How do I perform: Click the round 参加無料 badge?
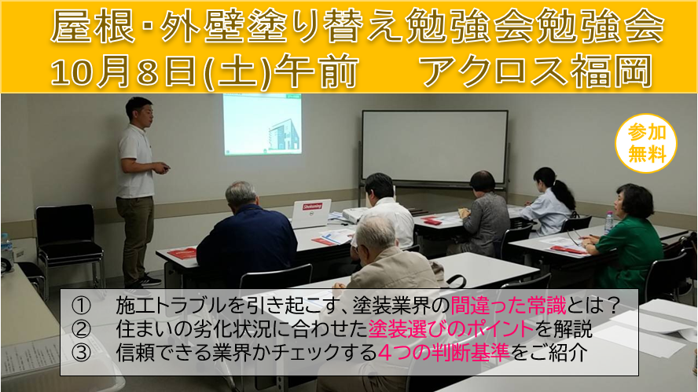click(x=645, y=143)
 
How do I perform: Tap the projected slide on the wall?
click(x=263, y=124)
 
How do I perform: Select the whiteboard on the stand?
click(x=435, y=147)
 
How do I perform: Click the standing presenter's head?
click(x=139, y=112)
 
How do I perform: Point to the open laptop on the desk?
click(x=310, y=214)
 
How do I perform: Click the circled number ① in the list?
click(x=81, y=306)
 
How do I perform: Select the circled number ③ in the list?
click(x=81, y=353)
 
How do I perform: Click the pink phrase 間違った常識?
click(x=509, y=306)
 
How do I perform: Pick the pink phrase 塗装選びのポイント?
click(x=451, y=329)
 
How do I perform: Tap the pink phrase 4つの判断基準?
click(x=444, y=353)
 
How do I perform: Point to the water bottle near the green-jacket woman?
click(x=608, y=222)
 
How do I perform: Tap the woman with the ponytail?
click(x=549, y=200)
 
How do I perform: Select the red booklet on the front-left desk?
click(x=182, y=253)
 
